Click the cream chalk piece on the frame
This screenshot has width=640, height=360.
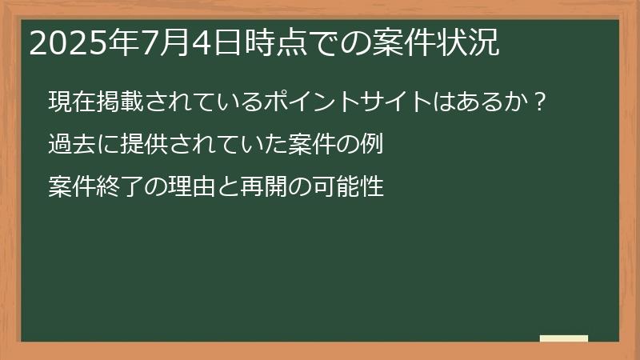coord(564,338)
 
